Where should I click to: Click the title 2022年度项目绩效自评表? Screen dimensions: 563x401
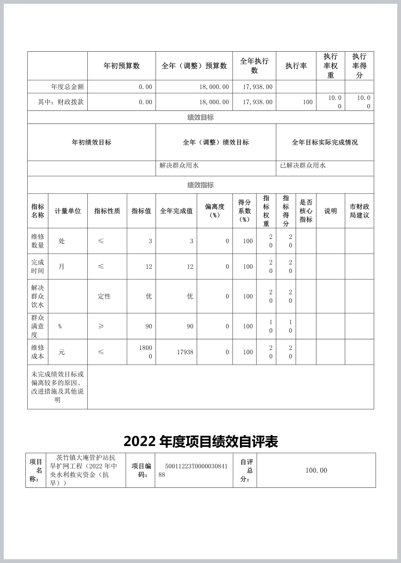[x=201, y=441]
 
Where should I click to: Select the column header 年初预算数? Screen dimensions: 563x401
[x=121, y=66]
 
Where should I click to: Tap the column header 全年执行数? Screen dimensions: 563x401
[x=254, y=66]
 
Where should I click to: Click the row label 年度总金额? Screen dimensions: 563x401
[x=67, y=87]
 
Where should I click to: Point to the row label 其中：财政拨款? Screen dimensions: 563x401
[x=61, y=102]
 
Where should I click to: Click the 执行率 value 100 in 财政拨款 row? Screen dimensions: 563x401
[x=308, y=102]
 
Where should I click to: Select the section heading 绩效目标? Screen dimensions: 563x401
[x=201, y=117]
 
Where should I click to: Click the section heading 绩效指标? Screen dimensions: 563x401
[x=201, y=185]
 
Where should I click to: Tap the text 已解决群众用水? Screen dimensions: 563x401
[x=303, y=165]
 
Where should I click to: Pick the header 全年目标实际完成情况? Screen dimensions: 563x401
[x=325, y=142]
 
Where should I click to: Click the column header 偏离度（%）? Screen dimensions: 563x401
[x=214, y=211]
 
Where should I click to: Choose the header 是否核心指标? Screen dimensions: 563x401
[x=306, y=211]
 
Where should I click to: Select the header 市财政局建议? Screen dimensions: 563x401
[x=359, y=211]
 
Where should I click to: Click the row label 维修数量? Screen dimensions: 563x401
[x=37, y=241]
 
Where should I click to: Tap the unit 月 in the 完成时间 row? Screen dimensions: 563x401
[x=61, y=267]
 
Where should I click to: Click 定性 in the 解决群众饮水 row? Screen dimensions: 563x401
[x=104, y=296]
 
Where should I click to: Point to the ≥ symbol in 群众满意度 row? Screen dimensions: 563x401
[x=101, y=326]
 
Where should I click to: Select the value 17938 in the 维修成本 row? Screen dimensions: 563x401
[x=185, y=352]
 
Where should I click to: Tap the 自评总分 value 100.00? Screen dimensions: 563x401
[x=316, y=470]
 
